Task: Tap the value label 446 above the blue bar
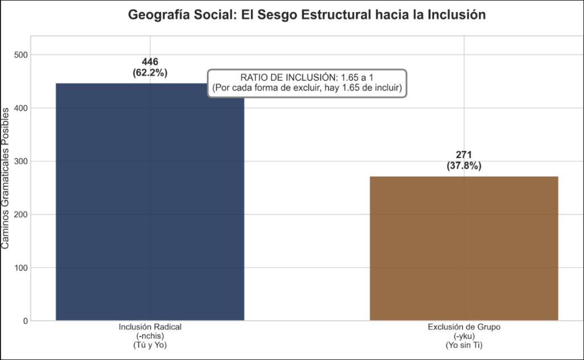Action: point(150,62)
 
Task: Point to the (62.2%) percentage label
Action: point(150,72)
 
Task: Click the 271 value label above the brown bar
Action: point(464,155)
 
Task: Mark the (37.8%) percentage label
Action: point(464,166)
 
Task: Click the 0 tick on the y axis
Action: point(25,321)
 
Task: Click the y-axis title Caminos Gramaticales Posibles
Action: point(6,179)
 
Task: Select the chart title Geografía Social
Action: point(307,15)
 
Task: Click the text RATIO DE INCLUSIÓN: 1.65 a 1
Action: point(307,78)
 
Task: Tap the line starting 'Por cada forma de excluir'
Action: point(307,88)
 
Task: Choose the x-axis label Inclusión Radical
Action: point(150,327)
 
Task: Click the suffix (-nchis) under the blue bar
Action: point(150,336)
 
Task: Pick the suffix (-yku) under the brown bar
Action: point(464,336)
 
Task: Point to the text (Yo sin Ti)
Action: point(464,345)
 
